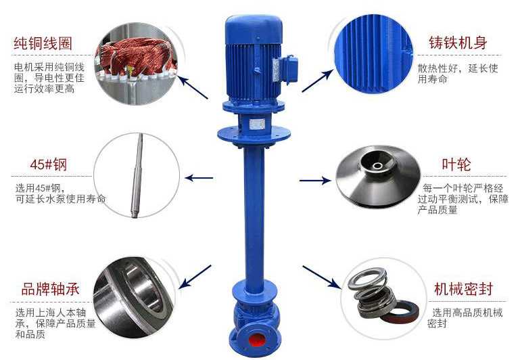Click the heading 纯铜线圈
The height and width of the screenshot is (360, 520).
point(43,43)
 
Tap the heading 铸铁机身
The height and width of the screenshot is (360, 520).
point(458,43)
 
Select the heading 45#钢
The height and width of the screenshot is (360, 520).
point(49,164)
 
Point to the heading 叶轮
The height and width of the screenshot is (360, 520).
point(456,164)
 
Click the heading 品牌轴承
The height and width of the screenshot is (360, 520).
point(51,289)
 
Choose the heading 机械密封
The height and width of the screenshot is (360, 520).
point(464,289)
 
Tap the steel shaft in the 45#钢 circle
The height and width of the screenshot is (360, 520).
point(137,175)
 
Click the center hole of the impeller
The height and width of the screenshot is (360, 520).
point(377,166)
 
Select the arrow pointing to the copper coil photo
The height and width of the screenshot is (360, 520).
point(193,87)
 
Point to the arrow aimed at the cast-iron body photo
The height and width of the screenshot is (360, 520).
point(318,81)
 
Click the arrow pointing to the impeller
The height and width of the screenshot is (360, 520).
point(315,181)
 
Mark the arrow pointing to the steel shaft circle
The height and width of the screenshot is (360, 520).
point(199,178)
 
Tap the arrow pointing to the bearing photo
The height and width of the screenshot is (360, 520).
point(195,276)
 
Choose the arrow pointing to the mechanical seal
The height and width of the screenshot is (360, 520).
point(321,277)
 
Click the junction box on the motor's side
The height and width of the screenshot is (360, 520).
point(285,69)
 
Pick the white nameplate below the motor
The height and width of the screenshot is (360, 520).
point(257,124)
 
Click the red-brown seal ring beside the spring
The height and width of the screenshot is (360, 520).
point(400,311)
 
